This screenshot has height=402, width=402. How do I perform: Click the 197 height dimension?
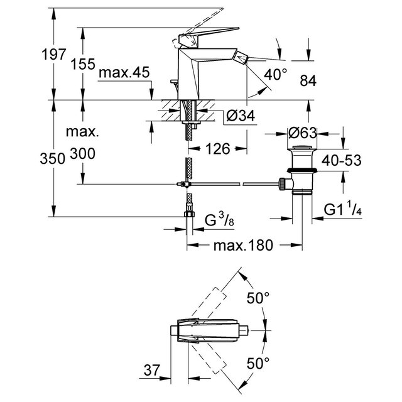coord(54,55)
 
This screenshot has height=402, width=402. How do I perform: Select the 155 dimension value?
coord(82,64)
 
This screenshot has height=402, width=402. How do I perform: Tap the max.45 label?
coord(124,73)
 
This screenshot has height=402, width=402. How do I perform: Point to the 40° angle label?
coord(276,75)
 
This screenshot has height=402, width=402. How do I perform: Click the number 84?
coord(308,81)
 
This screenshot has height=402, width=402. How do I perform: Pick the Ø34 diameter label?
coord(241,116)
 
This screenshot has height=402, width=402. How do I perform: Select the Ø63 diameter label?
coord(302,133)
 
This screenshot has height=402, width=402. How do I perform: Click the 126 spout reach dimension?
coord(218,149)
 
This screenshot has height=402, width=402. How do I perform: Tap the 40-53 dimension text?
coord(341,161)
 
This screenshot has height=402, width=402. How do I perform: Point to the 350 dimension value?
coord(53,159)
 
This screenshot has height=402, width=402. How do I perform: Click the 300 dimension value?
coord(82,154)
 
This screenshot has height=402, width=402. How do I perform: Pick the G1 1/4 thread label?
coord(342,209)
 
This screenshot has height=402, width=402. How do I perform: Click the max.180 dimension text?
coord(243,246)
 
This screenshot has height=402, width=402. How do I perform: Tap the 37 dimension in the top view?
coord(152,370)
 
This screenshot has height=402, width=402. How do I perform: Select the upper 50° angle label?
coord(258,298)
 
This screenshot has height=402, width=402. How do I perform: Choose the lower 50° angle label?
coord(258,363)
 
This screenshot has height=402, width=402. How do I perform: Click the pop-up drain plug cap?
coord(302,148)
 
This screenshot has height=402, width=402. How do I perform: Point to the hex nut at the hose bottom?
coord(190,214)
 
